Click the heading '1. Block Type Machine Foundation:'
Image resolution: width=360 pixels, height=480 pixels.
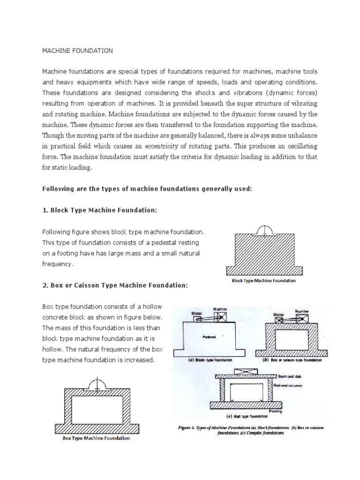pyautogui.click(x=99, y=210)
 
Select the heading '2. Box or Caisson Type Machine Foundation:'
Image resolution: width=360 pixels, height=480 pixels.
pyautogui.click(x=114, y=285)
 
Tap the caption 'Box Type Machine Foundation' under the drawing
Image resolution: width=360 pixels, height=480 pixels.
pyautogui.click(x=96, y=439)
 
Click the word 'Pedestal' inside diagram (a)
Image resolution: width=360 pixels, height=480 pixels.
pyautogui.click(x=209, y=337)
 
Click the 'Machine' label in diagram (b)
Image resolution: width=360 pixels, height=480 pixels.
pyautogui.click(x=302, y=311)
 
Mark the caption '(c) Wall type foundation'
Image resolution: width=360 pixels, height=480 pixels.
pyautogui.click(x=247, y=416)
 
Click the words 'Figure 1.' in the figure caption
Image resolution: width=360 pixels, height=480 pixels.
pyautogui.click(x=190, y=427)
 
